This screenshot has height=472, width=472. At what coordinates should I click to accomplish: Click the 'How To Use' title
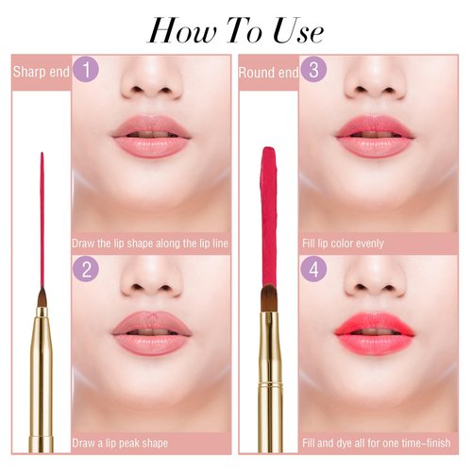(236, 30)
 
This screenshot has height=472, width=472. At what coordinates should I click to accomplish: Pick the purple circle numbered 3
(312, 70)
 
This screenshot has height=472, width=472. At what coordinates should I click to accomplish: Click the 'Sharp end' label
(36, 71)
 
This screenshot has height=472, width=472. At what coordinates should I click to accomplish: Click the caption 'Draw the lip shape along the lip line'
(151, 243)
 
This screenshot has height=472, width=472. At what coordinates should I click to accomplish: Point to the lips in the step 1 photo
(151, 138)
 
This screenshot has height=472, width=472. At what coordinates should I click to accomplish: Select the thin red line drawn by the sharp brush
(42, 217)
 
